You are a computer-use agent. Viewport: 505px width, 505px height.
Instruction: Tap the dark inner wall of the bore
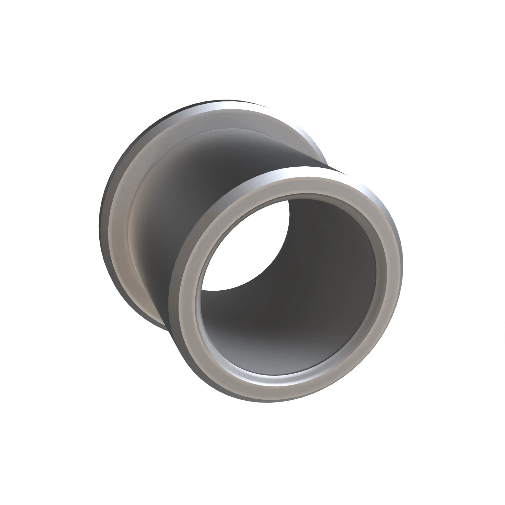[327, 261]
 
